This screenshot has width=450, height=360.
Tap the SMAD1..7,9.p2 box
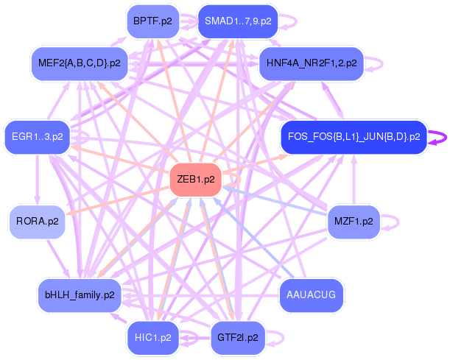coord(237,21)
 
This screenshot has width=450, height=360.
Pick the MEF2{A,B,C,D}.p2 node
coord(80,63)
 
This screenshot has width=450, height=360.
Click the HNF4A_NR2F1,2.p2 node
coord(312,63)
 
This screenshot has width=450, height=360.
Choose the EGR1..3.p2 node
coord(37,137)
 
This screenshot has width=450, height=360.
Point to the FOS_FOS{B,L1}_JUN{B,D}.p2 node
coord(354,137)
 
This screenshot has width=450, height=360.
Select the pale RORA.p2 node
coord(37,221)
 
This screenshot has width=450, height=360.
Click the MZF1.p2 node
coord(354,221)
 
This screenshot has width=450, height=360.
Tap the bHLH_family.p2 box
coord(80,295)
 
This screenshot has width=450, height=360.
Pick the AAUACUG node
coord(312,295)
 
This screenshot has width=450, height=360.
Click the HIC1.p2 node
coord(153,338)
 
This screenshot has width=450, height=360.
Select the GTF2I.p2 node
coord(238,338)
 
